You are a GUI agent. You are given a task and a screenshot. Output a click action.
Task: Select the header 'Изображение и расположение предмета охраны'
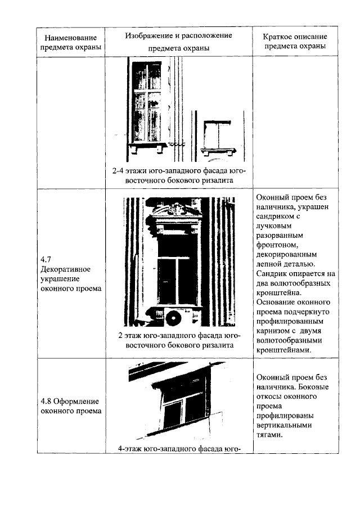point(178,42)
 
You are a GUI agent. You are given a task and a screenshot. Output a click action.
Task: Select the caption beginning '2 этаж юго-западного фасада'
point(179,340)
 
